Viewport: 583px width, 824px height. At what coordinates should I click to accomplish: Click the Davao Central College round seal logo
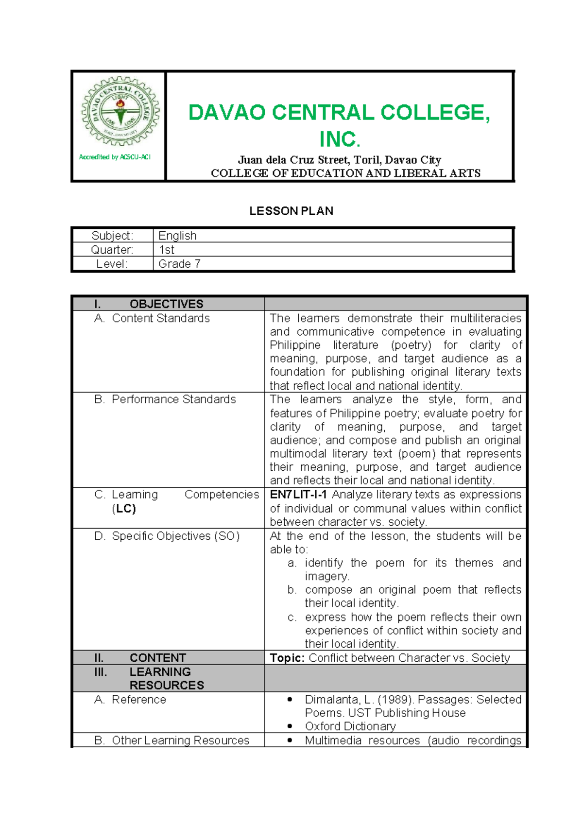pos(120,112)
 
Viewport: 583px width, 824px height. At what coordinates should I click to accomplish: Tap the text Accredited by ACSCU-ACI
pos(115,157)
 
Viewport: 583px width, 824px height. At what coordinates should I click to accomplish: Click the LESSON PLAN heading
pos(291,211)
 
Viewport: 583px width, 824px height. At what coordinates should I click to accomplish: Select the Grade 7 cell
pos(179,264)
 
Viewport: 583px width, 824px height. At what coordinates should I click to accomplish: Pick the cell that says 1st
pos(167,250)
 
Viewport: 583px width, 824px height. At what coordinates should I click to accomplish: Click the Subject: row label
pos(112,236)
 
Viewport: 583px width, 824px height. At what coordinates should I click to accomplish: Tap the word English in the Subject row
pos(177,236)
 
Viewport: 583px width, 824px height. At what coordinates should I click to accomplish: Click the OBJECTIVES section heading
pos(166,304)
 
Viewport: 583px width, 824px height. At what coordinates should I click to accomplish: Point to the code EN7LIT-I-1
pos(298,495)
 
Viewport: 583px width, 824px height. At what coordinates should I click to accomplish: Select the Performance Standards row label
pos(173,399)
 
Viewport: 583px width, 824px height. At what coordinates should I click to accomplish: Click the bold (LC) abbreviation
pos(124,509)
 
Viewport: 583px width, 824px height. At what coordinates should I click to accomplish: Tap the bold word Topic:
pos(287,658)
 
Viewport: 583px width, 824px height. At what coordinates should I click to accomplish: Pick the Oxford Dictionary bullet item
pos(350,726)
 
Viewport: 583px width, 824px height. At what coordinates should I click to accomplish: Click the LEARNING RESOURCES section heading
pos(160,678)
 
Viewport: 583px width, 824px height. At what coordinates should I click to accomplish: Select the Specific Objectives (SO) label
pos(175,536)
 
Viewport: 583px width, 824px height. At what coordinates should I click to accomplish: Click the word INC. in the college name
pos(339,139)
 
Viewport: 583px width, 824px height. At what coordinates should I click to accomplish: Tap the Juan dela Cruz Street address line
pos(339,160)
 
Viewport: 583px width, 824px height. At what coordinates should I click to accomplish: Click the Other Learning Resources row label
pos(180,740)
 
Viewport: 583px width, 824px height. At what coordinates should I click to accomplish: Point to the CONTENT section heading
pos(157,658)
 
